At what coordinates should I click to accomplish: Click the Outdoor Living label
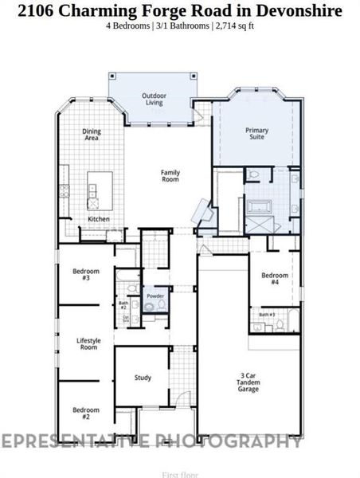point(154,99)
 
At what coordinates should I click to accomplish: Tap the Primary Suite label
point(257,133)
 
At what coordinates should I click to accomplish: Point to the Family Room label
point(170,176)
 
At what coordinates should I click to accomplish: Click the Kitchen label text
point(98,219)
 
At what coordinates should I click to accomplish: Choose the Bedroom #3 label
point(86,274)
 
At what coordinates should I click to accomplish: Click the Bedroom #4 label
point(274,279)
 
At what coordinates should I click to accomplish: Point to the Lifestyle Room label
point(87,344)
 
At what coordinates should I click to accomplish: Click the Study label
point(143,378)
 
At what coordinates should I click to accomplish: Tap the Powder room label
point(155,296)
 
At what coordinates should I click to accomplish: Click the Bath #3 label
point(266,315)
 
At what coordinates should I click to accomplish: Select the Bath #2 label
point(123,305)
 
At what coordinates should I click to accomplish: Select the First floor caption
point(180,474)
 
